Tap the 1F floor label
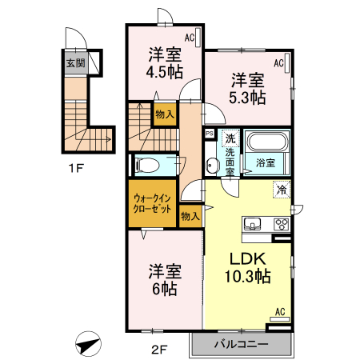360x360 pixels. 75,169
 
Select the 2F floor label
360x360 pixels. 163,348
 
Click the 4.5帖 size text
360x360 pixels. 163,72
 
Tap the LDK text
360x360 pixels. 248,260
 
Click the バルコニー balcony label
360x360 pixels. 240,345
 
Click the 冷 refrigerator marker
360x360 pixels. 282,190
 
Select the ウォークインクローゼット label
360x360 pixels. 152,202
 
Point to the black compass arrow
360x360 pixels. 87,345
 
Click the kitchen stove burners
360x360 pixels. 281,223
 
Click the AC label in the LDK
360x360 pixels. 280,311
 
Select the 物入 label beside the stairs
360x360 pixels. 164,115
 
